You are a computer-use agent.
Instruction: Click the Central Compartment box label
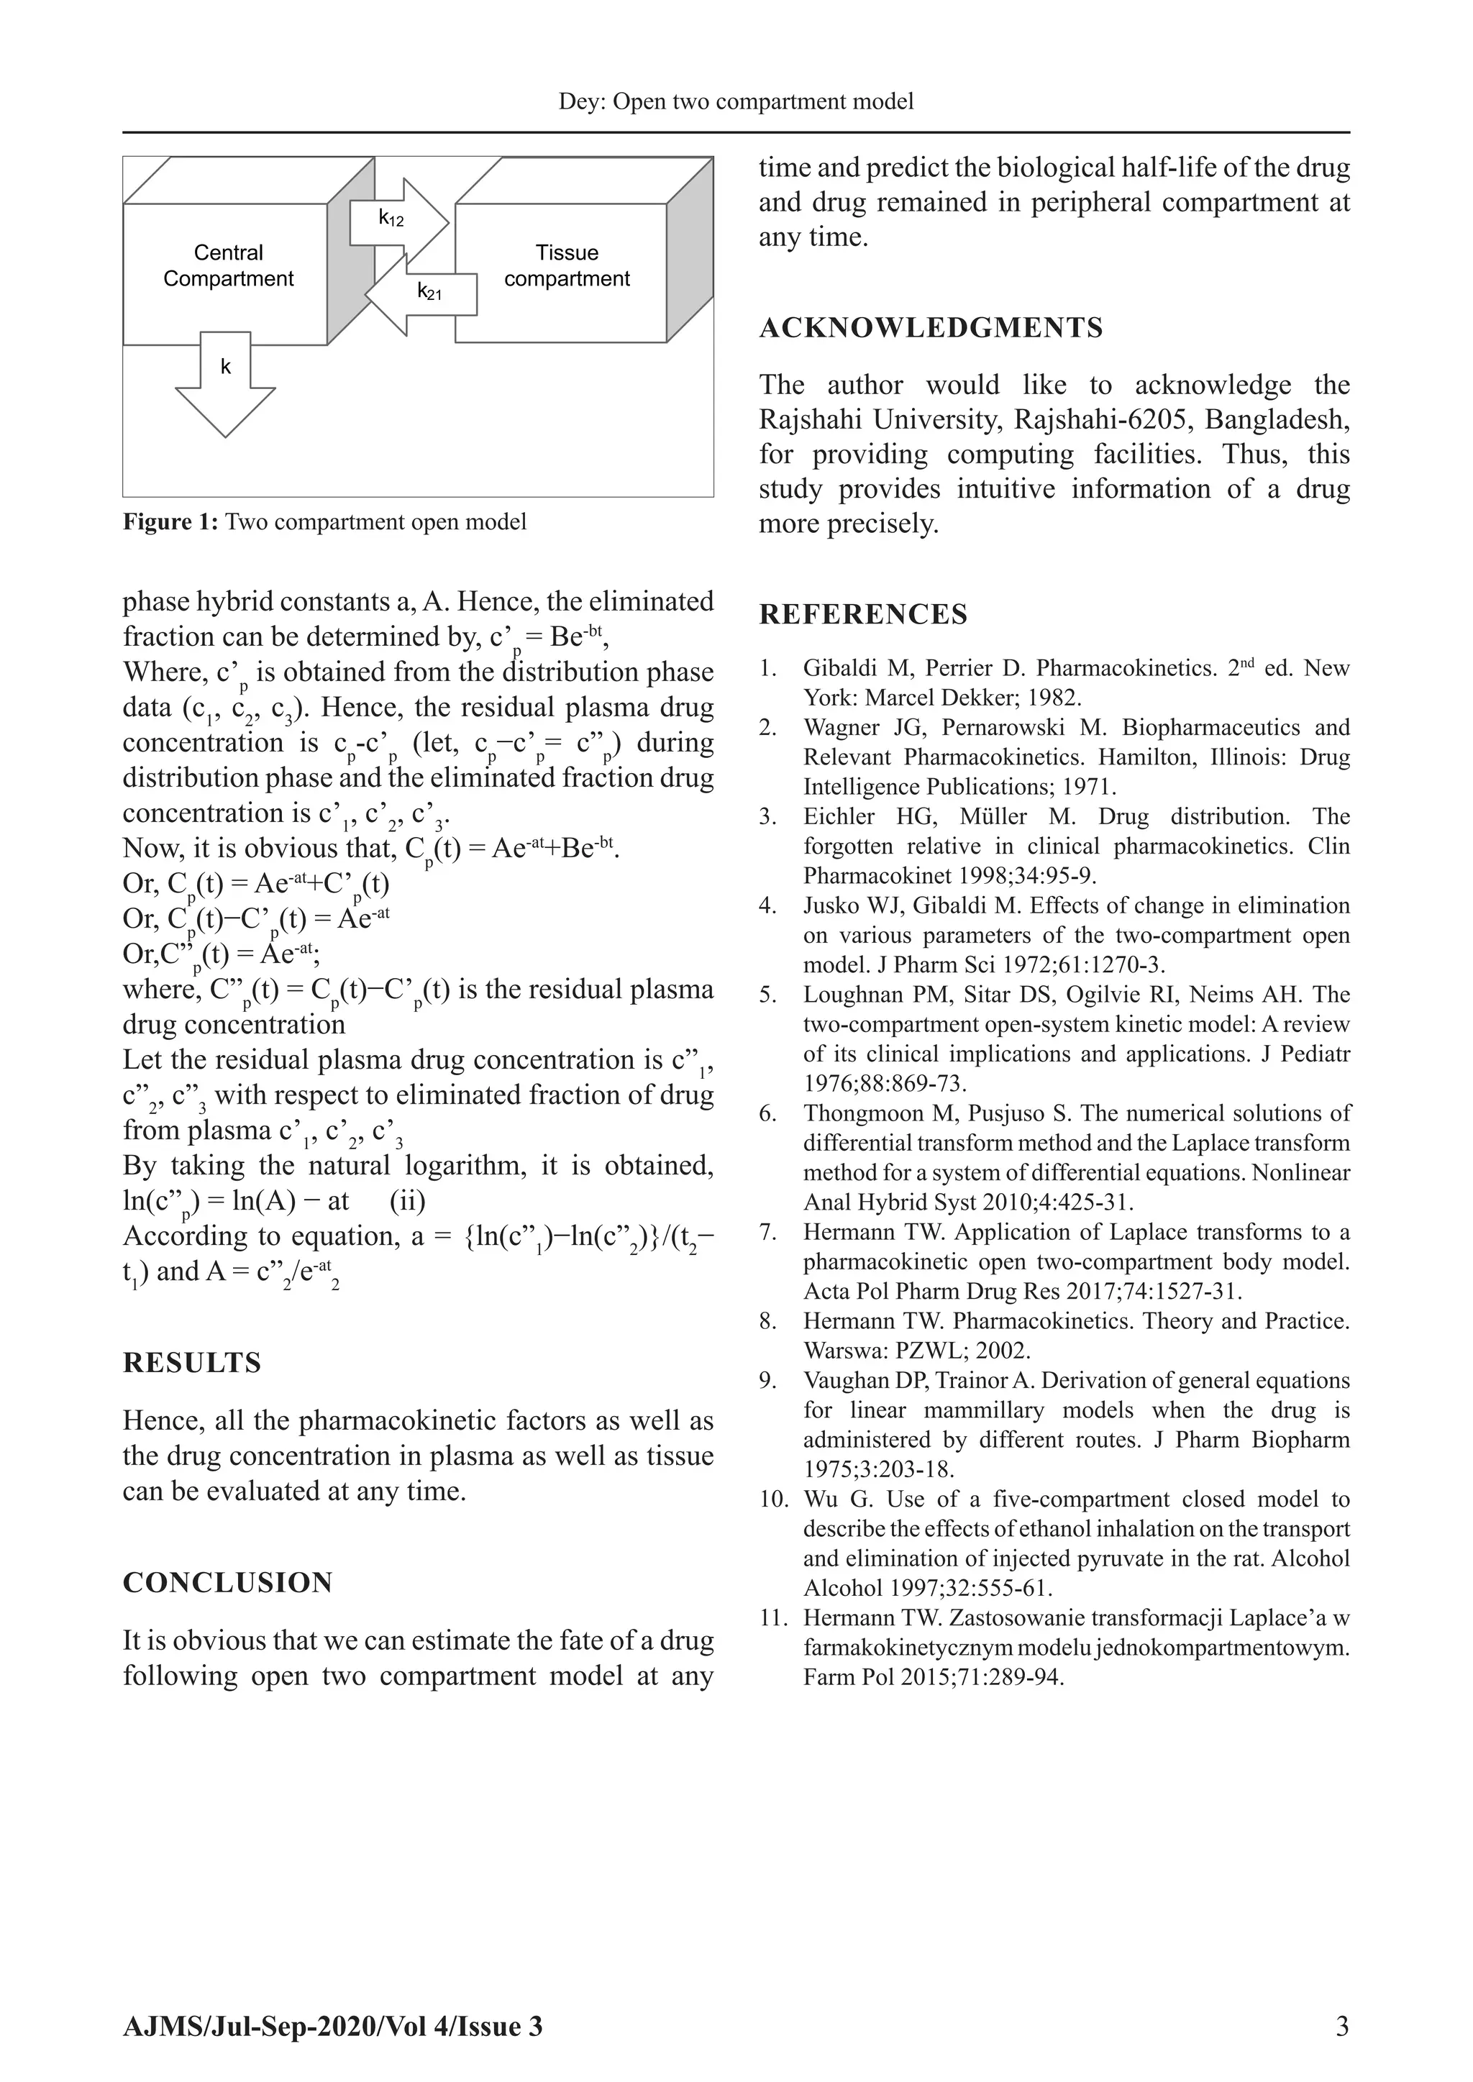tap(228, 265)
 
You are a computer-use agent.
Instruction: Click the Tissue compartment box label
tap(567, 265)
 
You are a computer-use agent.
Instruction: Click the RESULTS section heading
tap(191, 1363)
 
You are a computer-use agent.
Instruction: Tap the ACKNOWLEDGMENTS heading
tap(931, 328)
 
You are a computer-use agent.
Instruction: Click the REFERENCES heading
tap(862, 615)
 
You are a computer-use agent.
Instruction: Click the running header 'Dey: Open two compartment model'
tap(736, 101)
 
